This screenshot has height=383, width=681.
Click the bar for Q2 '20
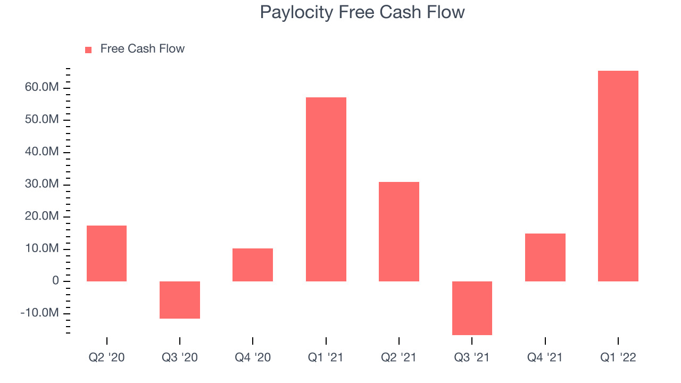click(107, 253)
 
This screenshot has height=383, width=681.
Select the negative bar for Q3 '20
click(180, 299)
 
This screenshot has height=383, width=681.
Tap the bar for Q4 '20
click(253, 265)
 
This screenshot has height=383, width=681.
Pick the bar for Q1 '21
click(326, 189)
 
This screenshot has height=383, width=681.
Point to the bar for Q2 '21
click(399, 231)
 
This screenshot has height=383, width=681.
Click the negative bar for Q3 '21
click(472, 308)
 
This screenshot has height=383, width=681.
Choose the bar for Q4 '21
click(545, 257)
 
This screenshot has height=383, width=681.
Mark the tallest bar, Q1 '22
click(618, 176)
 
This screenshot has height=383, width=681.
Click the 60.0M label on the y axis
click(41, 87)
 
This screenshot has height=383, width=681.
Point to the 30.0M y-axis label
click(41, 184)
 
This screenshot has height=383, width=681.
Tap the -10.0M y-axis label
click(39, 312)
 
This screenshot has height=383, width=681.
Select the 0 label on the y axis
click(55, 280)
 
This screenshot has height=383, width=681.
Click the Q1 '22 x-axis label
click(618, 357)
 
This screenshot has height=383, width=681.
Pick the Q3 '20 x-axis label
click(180, 357)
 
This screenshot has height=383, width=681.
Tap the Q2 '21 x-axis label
click(399, 357)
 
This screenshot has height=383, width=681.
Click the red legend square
click(88, 50)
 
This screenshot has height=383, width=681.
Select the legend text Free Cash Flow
click(142, 48)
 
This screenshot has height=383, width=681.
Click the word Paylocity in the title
click(296, 13)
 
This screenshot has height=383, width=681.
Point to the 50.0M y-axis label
click(41, 119)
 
